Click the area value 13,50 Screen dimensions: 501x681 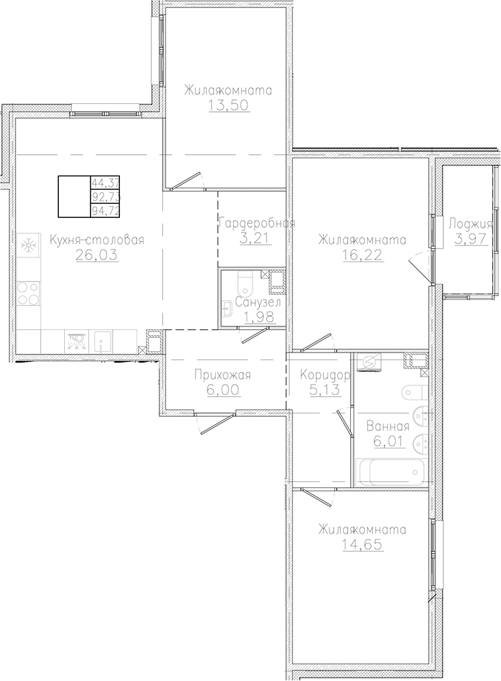[x=230, y=105]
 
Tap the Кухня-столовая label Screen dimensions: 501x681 [x=97, y=240]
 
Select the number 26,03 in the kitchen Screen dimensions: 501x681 [x=97, y=255]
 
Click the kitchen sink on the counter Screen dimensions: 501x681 [x=100, y=342]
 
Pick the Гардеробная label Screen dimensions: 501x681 [x=257, y=224]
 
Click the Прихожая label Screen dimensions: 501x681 [x=223, y=375]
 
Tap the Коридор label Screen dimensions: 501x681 [x=325, y=375]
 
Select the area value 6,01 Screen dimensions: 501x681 [x=389, y=442]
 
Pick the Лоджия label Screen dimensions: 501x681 [x=471, y=224]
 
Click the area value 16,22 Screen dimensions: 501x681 [x=362, y=255]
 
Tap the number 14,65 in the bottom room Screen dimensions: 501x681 [x=362, y=544]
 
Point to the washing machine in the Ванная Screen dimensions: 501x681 [x=370, y=363]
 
